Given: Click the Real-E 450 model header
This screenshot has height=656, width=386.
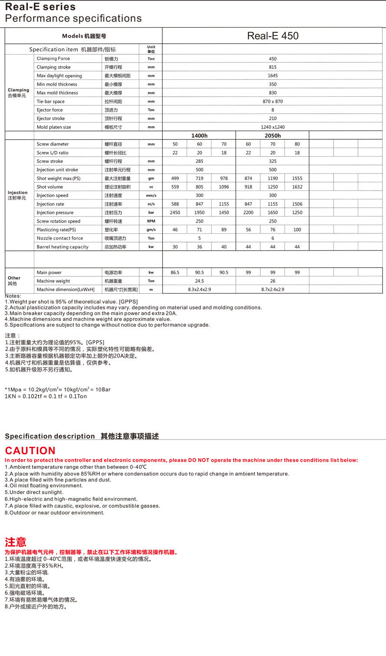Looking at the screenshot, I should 272,36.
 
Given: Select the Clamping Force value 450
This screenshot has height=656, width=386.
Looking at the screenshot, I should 272,59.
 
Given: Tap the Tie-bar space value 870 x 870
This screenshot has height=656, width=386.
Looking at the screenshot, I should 272,102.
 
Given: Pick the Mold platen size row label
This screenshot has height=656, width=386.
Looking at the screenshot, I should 54,127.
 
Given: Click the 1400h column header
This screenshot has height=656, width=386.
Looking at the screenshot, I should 199,136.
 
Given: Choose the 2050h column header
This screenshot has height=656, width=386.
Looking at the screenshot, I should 272,136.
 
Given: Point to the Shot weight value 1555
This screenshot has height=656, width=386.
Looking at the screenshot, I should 297,178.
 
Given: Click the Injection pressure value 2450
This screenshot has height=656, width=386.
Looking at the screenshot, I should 175,213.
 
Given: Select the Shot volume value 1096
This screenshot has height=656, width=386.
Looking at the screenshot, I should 224,187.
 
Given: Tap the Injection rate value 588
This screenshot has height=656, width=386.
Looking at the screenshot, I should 175,204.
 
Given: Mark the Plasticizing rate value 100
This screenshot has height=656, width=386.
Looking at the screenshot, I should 297,230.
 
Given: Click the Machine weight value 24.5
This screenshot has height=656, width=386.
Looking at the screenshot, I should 199,281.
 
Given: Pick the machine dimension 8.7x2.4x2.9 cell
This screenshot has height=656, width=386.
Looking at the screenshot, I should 272,289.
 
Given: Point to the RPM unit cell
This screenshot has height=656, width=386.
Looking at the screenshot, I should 151,221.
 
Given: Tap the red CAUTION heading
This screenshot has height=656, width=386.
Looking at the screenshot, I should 30,451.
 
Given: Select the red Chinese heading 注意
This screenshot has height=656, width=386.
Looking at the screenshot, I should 16,542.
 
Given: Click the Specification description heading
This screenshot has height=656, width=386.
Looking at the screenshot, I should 50,436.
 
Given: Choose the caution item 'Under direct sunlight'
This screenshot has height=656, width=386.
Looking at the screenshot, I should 34,492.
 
